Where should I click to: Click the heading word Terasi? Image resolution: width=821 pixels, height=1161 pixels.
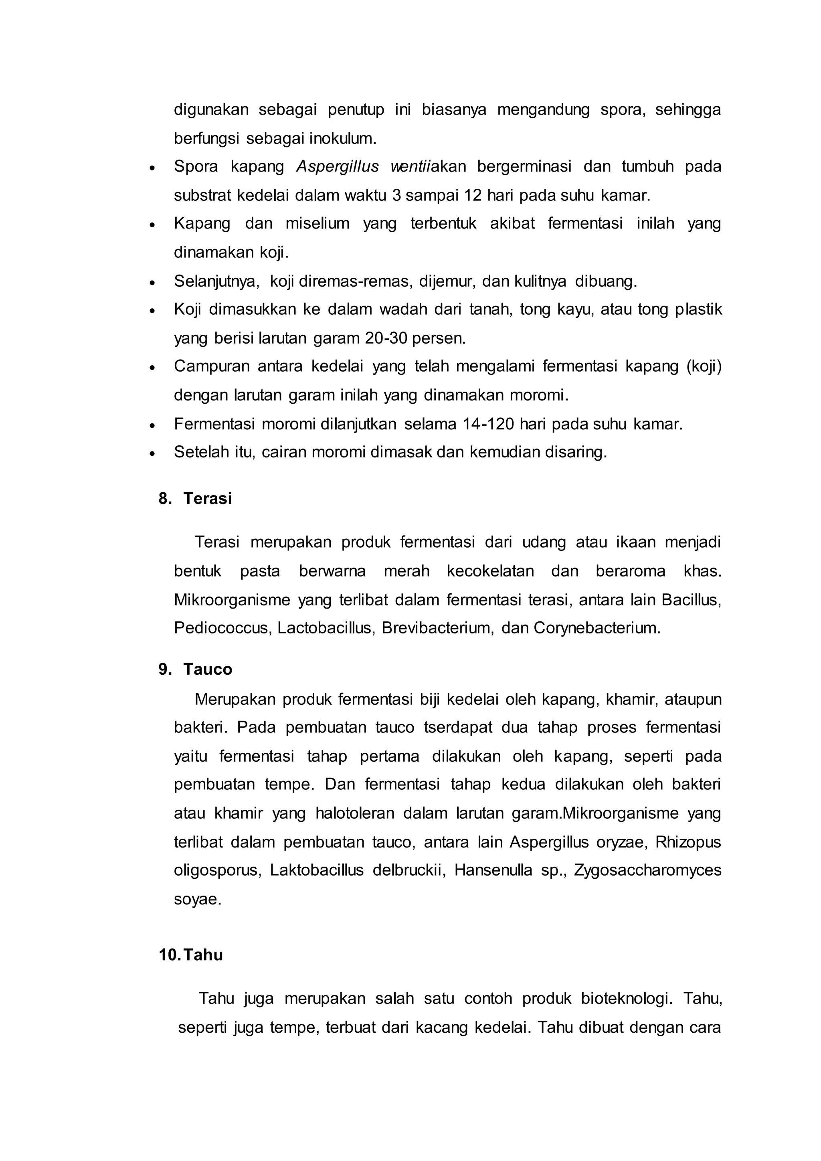207,499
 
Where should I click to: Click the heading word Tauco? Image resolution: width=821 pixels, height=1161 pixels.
207,669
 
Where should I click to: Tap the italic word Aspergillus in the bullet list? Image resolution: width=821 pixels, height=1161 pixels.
337,166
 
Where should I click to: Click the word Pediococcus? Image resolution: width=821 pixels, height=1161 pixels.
223,628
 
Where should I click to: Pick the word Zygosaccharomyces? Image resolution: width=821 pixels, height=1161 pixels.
647,870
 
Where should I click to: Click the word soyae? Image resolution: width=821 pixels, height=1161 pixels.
197,899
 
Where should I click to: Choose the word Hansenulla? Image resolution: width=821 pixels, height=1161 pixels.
493,870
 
